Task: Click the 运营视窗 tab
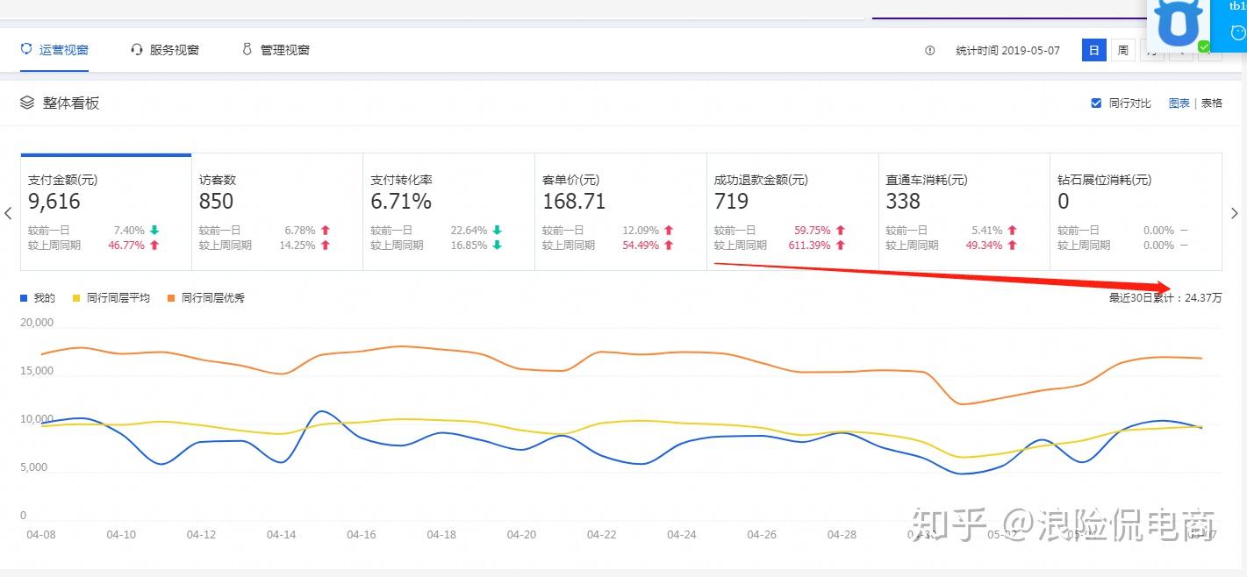pyautogui.click(x=54, y=50)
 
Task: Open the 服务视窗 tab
pyautogui.click(x=165, y=50)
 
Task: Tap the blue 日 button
pyautogui.click(x=1093, y=50)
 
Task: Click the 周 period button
pyautogui.click(x=1122, y=50)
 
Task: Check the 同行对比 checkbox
pyautogui.click(x=1096, y=103)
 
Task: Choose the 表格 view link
pyautogui.click(x=1212, y=103)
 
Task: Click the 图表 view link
pyautogui.click(x=1179, y=103)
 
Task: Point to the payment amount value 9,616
pyautogui.click(x=54, y=202)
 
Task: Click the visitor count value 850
pyautogui.click(x=216, y=202)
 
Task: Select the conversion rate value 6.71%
pyautogui.click(x=401, y=202)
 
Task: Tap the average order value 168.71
pyautogui.click(x=574, y=202)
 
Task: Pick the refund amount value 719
pyautogui.click(x=731, y=202)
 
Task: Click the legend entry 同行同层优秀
pyautogui.click(x=212, y=298)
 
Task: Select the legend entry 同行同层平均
pyautogui.click(x=118, y=298)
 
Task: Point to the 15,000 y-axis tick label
pyautogui.click(x=36, y=371)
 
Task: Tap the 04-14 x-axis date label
pyautogui.click(x=281, y=535)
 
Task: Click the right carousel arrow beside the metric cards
pyautogui.click(x=1235, y=213)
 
